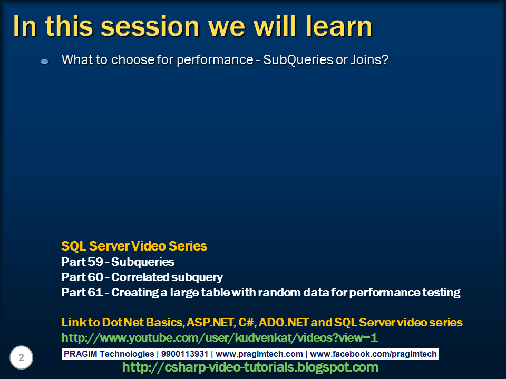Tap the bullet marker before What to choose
pos(45,62)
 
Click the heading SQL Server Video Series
pos(134,246)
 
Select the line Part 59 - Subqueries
pos(118,262)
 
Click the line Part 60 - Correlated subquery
pos(142,277)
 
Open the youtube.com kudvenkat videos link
pos(219,337)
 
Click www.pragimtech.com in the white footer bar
pos(259,354)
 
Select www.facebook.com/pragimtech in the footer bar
pos(373,354)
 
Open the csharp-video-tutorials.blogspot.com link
pos(250,367)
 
